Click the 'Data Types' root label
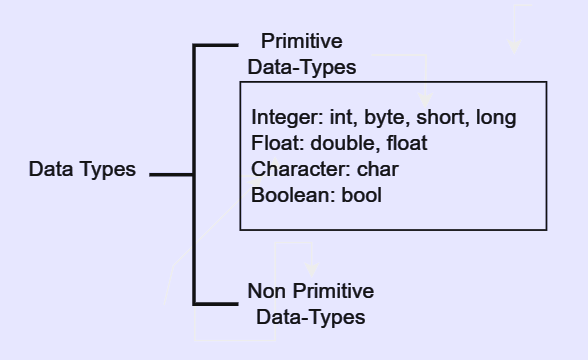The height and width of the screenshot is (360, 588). [82, 169]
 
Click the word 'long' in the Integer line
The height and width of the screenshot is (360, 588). [496, 118]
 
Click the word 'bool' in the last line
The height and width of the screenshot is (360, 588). [361, 196]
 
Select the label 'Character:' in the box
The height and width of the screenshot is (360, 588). [298, 170]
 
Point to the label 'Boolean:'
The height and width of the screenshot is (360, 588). [291, 196]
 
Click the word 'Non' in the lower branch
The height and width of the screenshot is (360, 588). [265, 291]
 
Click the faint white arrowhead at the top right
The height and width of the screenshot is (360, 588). [514, 44]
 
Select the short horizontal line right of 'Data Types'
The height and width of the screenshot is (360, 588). [171, 174]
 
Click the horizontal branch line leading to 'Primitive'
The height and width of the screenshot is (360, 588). [216, 45]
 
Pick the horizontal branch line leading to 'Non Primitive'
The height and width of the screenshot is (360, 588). [216, 302]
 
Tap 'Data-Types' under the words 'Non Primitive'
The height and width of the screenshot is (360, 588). [311, 317]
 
